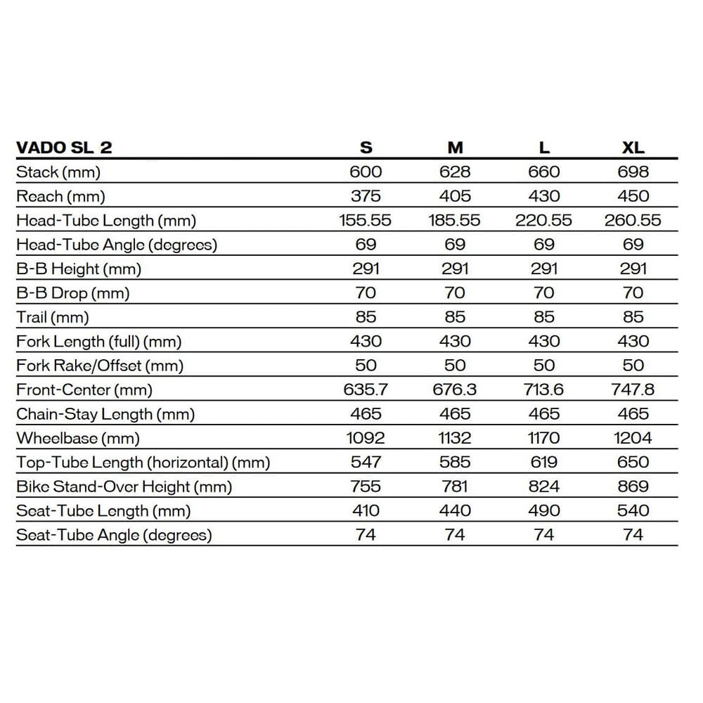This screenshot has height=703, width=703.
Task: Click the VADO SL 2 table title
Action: (64, 148)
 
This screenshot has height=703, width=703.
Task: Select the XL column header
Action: (633, 148)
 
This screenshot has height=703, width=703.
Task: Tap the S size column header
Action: (366, 148)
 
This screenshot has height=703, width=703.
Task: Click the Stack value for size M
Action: (455, 172)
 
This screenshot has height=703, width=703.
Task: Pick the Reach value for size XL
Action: (633, 196)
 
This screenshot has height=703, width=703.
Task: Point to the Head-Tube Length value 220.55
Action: (543, 220)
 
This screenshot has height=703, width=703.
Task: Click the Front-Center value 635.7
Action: (366, 389)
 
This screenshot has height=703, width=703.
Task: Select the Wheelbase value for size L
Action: (543, 438)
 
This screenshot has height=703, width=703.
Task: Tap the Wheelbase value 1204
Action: (633, 438)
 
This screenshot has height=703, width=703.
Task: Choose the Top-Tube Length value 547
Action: (366, 462)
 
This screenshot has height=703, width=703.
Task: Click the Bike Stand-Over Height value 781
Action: (455, 486)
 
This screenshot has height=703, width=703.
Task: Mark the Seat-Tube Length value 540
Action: (633, 510)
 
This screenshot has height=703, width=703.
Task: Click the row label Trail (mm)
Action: (53, 317)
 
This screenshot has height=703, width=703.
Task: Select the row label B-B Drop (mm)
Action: (73, 292)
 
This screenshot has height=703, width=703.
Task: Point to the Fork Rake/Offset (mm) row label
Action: (100, 366)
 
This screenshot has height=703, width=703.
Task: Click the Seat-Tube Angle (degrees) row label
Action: (114, 535)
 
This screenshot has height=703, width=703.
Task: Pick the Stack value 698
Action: (633, 172)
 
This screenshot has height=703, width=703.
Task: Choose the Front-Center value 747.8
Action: (633, 389)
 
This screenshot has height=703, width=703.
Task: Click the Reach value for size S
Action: (366, 196)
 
